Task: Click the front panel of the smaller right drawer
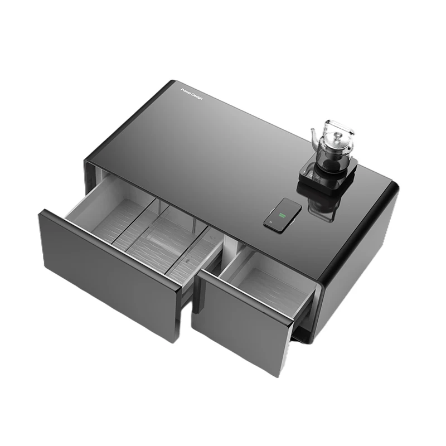click(x=243, y=323)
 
